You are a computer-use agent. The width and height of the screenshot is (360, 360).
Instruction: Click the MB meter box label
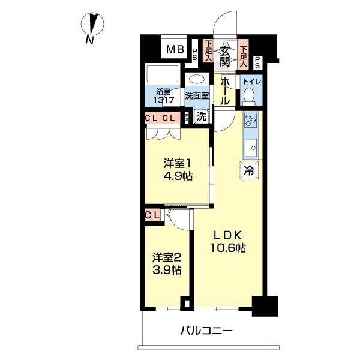click(x=175, y=49)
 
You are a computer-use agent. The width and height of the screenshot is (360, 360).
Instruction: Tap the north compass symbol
click(x=92, y=24)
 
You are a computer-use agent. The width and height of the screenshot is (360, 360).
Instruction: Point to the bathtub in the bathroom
click(x=163, y=73)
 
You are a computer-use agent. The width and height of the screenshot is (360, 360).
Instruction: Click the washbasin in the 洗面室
click(x=197, y=79)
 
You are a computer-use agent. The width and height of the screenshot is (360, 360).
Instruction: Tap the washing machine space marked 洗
click(x=202, y=116)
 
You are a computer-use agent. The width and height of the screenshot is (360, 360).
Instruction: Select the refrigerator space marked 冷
click(x=249, y=170)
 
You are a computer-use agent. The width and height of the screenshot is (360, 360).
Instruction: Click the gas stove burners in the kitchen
click(x=250, y=121)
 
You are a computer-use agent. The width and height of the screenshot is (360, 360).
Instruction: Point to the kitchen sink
click(x=250, y=148)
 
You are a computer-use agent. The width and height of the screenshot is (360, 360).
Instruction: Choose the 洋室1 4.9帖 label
click(x=178, y=170)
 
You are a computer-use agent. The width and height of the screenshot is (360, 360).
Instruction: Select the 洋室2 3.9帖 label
click(x=167, y=263)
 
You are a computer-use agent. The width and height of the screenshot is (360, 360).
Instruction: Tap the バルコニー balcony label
click(x=206, y=331)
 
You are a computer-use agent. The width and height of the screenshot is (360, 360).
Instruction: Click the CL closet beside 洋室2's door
click(x=152, y=215)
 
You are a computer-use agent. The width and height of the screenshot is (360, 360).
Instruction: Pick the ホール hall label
click(x=225, y=91)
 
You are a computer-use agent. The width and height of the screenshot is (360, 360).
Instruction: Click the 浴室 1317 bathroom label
click(x=164, y=96)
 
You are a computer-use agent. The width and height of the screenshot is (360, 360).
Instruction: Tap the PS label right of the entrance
click(x=257, y=62)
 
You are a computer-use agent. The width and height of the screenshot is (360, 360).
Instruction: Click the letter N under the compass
click(x=90, y=41)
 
